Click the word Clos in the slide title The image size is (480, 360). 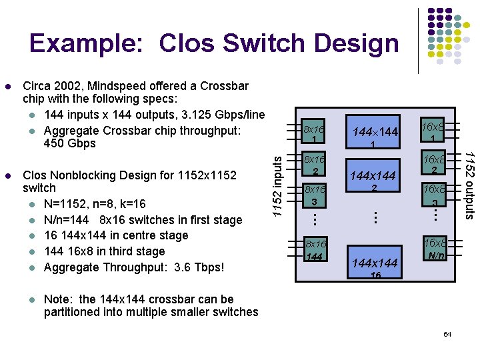click(x=190, y=43)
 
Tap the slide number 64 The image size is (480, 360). click(x=447, y=333)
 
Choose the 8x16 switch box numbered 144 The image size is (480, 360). click(x=314, y=250)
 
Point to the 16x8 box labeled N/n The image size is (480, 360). click(x=436, y=248)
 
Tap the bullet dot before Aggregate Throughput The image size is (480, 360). click(x=31, y=268)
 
